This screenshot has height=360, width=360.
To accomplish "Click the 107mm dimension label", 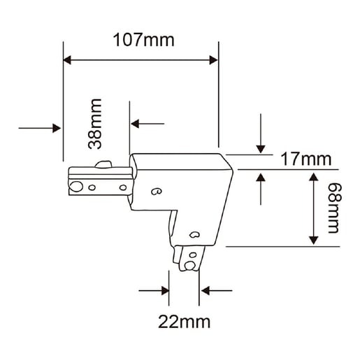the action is (x=143, y=40).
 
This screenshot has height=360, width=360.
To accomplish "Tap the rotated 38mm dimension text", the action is (x=95, y=124).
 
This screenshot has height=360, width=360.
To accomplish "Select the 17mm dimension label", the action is (x=306, y=159).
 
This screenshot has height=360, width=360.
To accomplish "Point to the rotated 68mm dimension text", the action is (x=334, y=208).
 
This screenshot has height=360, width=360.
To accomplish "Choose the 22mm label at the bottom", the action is (x=184, y=322).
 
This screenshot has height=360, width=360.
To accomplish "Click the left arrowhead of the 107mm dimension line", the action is (x=67, y=60).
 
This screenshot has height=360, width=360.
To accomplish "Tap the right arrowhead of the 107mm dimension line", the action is (x=213, y=60).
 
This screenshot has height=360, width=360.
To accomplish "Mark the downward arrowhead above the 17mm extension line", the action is (x=261, y=149).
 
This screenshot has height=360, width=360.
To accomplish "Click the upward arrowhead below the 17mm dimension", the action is (x=261, y=178).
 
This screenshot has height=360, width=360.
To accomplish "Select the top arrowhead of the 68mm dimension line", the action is (x=314, y=177).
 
